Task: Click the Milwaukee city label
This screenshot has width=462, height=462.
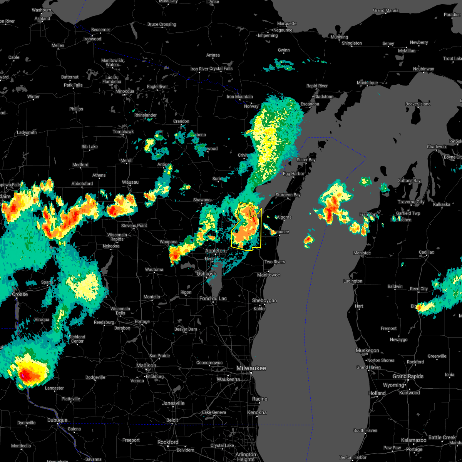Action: pyautogui.click(x=251, y=368)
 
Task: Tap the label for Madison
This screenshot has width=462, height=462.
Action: pyautogui.click(x=146, y=366)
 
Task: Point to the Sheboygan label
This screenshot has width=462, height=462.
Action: pyautogui.click(x=264, y=301)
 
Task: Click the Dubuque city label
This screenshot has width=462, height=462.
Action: pyautogui.click(x=57, y=420)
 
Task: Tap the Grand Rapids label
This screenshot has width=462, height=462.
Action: pyautogui.click(x=408, y=377)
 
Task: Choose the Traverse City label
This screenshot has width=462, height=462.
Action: pyautogui.click(x=411, y=202)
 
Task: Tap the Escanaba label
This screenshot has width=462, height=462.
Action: pyautogui.click(x=310, y=104)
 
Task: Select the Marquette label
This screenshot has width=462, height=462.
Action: pyautogui.click(x=287, y=24)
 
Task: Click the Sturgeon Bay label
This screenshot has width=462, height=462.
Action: pyautogui.click(x=288, y=195)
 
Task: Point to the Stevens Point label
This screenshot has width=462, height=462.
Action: pyautogui.click(x=134, y=226)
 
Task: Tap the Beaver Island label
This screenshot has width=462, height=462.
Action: pyautogui.click(x=418, y=104)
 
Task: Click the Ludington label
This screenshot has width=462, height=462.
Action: pyautogui.click(x=353, y=281)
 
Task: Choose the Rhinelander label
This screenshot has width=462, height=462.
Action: pyautogui.click(x=146, y=115)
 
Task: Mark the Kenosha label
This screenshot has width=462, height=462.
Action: pyautogui.click(x=257, y=413)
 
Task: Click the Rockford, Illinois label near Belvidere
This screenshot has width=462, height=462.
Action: pyautogui.click(x=168, y=442)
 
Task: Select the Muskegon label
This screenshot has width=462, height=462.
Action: pyautogui.click(x=367, y=351)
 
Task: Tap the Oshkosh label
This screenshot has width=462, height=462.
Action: pyautogui.click(x=206, y=274)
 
